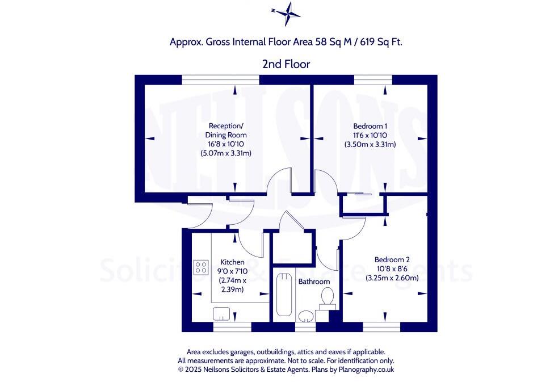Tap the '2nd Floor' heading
pyautogui.click(x=286, y=64)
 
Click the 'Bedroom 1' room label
pyautogui.click(x=370, y=126)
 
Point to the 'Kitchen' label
pyautogui.click(x=232, y=262)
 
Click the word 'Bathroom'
pyautogui.click(x=314, y=282)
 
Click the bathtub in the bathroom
pyautogui.click(x=283, y=293)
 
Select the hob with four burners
pyautogui.click(x=201, y=267)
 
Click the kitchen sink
pyautogui.click(x=222, y=313)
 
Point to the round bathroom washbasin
pyautogui.click(x=307, y=316)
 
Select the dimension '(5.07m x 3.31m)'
pyautogui.click(x=225, y=153)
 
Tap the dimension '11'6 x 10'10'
pyautogui.click(x=370, y=135)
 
